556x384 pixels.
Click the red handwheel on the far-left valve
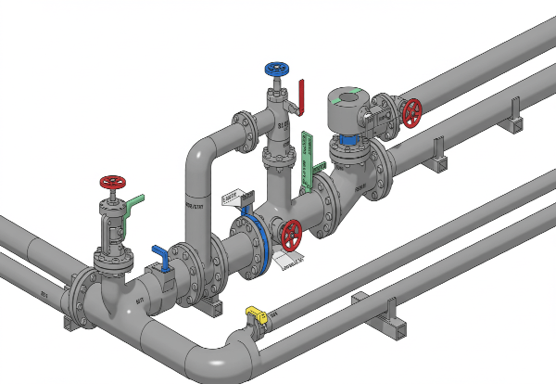(112, 181)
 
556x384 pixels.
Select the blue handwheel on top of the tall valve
(276, 70)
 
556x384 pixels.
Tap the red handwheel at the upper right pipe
(411, 113)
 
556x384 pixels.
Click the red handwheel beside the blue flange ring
(292, 236)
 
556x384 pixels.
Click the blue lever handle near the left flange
(162, 257)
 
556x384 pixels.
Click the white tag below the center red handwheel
(291, 262)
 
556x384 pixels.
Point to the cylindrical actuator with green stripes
(350, 111)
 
